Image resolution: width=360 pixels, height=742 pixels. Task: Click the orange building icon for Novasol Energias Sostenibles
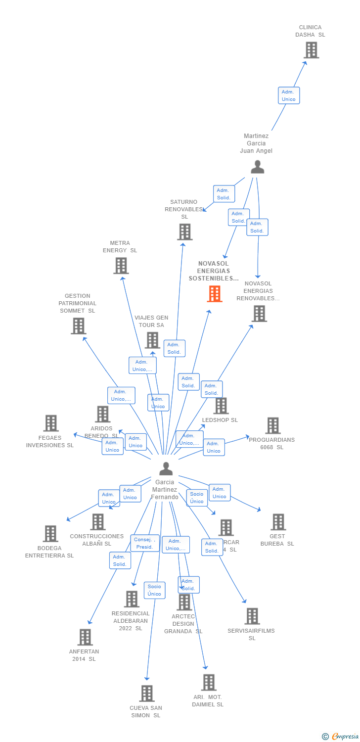click(x=214, y=294)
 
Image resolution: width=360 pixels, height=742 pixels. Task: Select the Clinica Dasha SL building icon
click(x=311, y=50)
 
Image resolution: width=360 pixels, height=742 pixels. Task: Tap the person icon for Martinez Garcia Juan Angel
click(x=257, y=167)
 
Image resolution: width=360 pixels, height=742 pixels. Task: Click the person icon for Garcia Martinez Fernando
click(x=166, y=468)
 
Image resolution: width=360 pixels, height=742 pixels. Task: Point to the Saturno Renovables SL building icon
click(x=184, y=232)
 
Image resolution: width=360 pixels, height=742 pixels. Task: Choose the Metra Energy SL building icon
click(x=121, y=266)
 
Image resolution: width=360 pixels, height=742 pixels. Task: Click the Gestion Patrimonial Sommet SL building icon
click(x=78, y=326)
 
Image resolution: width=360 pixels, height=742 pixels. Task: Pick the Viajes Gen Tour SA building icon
click(x=152, y=340)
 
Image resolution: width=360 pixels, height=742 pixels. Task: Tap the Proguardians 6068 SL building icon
click(x=272, y=425)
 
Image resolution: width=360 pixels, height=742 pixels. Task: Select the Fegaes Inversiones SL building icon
click(x=51, y=423)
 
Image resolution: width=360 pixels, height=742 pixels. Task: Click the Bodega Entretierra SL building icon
click(x=50, y=534)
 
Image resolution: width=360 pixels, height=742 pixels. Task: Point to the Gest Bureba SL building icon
click(x=278, y=522)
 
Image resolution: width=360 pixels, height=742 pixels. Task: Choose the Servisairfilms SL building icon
click(x=252, y=616)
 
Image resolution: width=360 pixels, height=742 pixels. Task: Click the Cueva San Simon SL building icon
click(x=146, y=694)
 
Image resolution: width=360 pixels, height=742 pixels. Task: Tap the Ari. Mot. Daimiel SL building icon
click(x=209, y=683)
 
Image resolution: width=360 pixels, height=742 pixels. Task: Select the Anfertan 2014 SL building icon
click(x=85, y=637)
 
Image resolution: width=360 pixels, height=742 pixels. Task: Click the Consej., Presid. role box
click(x=145, y=543)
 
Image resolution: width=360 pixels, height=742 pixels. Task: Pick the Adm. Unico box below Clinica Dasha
click(x=289, y=95)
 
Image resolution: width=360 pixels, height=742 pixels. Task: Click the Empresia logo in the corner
click(x=341, y=737)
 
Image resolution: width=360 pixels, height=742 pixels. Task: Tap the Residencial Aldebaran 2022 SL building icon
click(x=132, y=599)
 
